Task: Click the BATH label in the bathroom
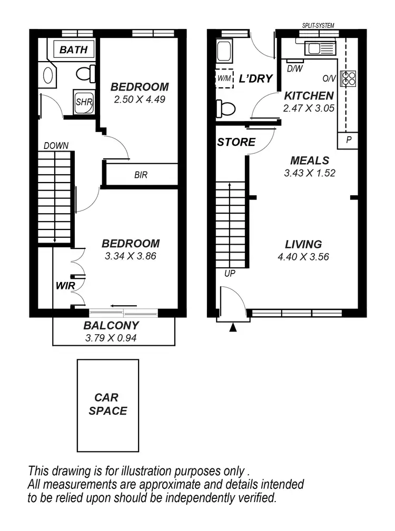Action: pyautogui.click(x=73, y=50)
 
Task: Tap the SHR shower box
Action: pyautogui.click(x=83, y=102)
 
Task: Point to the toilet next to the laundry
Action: pyautogui.click(x=225, y=109)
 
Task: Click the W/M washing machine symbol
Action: pyautogui.click(x=224, y=78)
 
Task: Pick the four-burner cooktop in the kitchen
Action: pyautogui.click(x=348, y=78)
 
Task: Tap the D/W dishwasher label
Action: pyautogui.click(x=293, y=68)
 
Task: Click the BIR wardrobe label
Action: pyautogui.click(x=141, y=175)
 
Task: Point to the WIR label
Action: pyautogui.click(x=66, y=286)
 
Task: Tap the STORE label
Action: pyautogui.click(x=236, y=142)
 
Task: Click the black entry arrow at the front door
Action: pyautogui.click(x=233, y=328)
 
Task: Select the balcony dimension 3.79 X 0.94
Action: pyautogui.click(x=111, y=338)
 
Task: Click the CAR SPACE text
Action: pyautogui.click(x=108, y=404)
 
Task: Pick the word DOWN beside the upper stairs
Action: pyautogui.click(x=56, y=146)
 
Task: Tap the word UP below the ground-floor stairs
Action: pyautogui.click(x=230, y=274)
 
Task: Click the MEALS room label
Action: pyautogui.click(x=309, y=161)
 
